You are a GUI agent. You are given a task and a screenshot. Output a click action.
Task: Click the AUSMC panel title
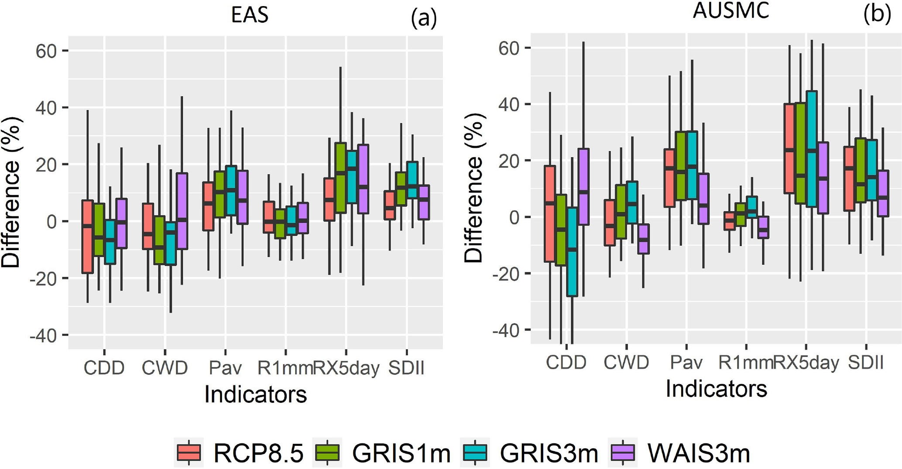coord(731,10)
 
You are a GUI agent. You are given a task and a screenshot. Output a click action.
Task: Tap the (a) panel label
coord(423,19)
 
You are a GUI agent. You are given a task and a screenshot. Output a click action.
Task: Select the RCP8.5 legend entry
coord(240,453)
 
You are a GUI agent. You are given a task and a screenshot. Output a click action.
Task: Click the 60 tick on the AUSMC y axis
coord(510,48)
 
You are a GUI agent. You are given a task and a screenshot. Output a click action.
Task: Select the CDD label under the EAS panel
coord(104,368)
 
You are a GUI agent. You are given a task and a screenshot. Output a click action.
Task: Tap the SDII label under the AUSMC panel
coord(866,362)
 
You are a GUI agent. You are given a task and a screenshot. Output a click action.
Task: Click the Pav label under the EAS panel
coord(225,368)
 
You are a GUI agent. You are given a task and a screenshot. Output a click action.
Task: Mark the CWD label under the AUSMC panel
coord(626,362)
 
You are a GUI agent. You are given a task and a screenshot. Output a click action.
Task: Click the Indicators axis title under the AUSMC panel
coord(716,388)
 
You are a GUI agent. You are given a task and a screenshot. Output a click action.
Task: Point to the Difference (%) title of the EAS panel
coord(11,192)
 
